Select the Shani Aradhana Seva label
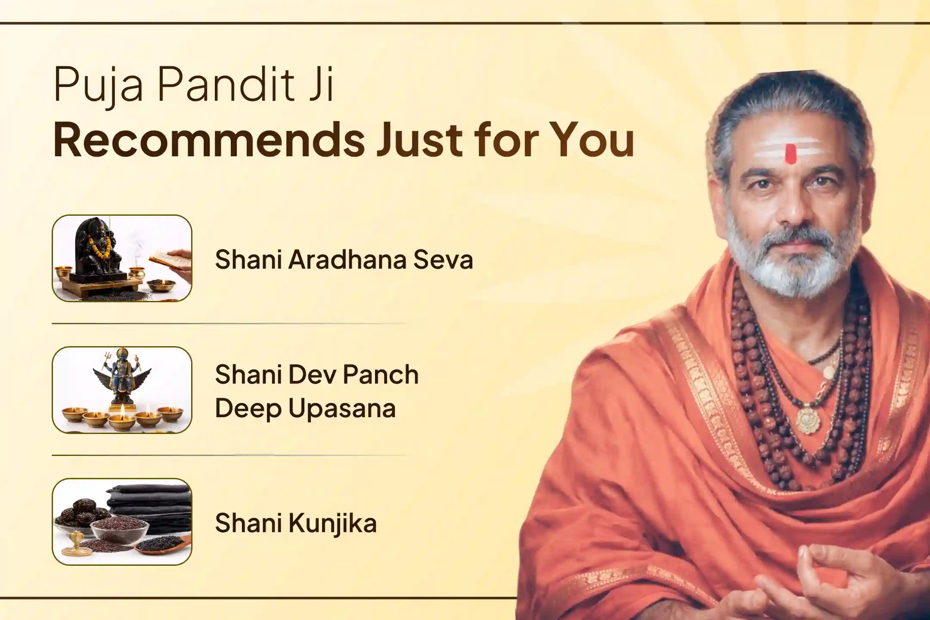tap(344, 260)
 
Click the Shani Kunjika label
tap(296, 523)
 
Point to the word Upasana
tap(342, 409)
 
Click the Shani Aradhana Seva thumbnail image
tap(122, 258)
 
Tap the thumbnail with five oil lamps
tap(122, 390)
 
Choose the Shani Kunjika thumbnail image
tap(122, 521)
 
